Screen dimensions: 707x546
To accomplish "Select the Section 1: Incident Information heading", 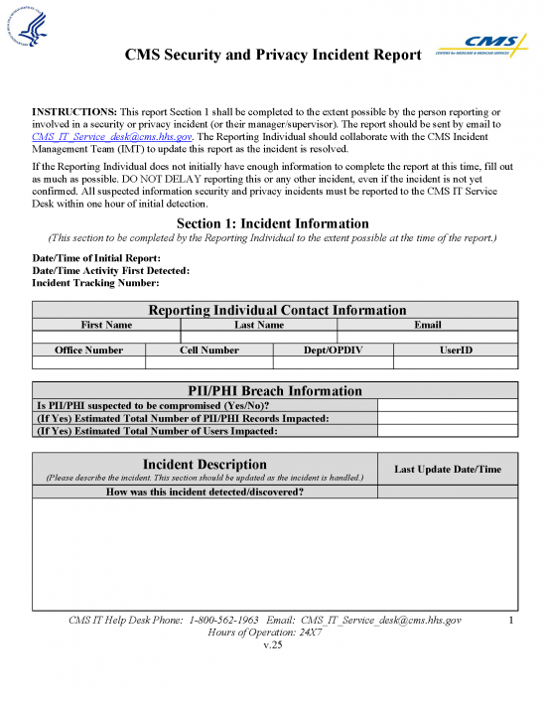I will [272, 223].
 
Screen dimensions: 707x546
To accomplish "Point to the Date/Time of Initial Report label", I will [96, 258].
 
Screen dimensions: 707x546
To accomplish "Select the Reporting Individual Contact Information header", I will [276, 310].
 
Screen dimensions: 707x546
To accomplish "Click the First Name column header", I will [106, 325].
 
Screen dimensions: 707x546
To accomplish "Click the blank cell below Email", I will [427, 338].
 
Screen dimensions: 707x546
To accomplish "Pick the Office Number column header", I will [89, 351].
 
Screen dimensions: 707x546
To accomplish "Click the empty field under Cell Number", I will [208, 363].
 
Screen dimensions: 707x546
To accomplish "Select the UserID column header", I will [456, 351].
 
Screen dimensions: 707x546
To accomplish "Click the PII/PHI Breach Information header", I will [276, 390].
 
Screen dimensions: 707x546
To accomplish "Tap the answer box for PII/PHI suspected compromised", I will [447, 405].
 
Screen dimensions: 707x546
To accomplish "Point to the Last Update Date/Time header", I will [447, 469].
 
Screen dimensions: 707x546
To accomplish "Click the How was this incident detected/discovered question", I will [205, 492].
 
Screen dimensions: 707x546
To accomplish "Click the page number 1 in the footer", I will [509, 621].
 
